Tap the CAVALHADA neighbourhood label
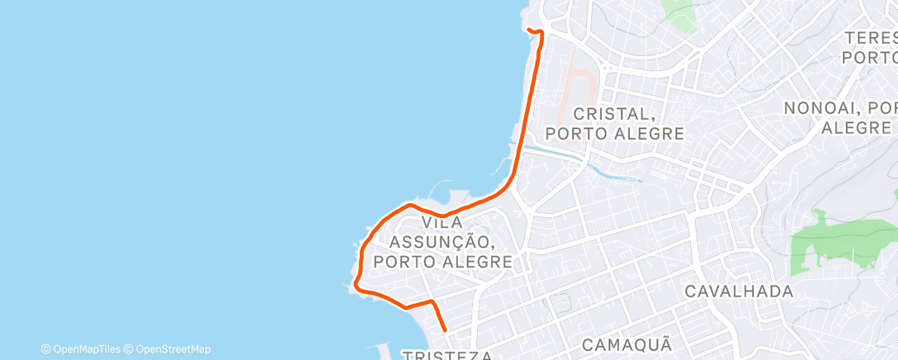739,291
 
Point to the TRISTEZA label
448,355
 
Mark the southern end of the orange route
445,329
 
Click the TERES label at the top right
871,38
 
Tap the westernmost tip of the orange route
355,287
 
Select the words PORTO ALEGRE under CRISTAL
615,133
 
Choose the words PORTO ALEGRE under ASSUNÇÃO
442,262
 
